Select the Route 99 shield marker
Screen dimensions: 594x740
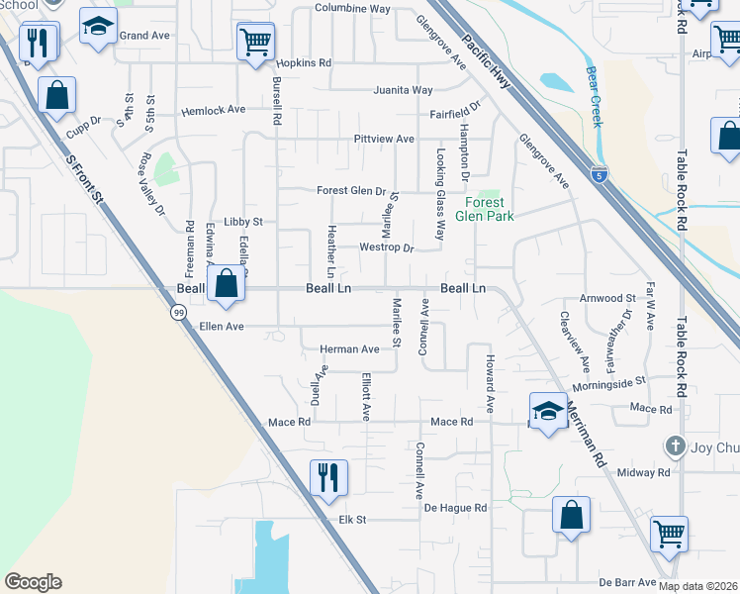point(177,313)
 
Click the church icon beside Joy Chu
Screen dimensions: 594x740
point(675,446)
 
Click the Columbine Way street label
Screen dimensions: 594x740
point(353,9)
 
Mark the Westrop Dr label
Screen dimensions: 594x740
point(386,247)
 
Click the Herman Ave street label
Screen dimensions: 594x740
point(349,349)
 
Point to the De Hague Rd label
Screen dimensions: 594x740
point(456,508)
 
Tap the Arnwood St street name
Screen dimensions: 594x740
point(607,298)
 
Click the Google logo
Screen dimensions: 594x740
point(33,582)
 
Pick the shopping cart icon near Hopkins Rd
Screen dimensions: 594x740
point(255,42)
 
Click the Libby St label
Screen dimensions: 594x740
point(242,223)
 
